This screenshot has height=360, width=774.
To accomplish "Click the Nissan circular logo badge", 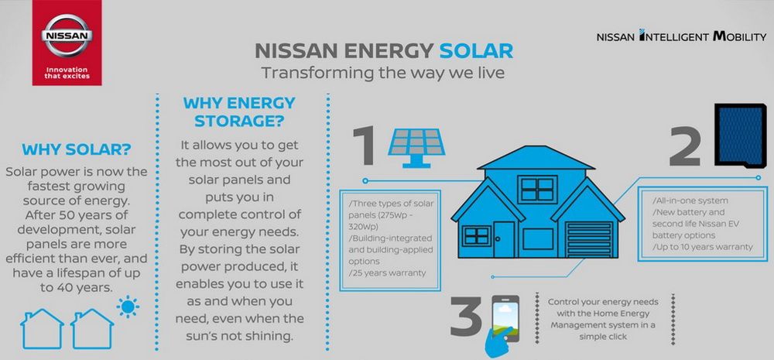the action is click(x=67, y=36).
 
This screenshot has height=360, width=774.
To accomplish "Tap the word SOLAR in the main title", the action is click(x=476, y=51).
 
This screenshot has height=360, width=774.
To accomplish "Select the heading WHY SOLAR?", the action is click(x=77, y=149).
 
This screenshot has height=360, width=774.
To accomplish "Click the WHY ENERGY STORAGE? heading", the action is click(x=239, y=111).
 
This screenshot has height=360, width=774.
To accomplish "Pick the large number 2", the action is click(x=685, y=146).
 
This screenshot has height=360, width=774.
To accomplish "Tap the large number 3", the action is click(x=465, y=316).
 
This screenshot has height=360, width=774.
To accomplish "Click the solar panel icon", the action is click(x=416, y=147).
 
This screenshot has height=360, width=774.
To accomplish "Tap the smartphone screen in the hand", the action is click(x=505, y=318).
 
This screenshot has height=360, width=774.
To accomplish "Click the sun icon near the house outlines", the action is click(x=128, y=307).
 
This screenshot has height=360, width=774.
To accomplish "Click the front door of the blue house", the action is click(x=505, y=239).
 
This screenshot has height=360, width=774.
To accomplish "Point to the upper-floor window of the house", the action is click(x=537, y=189).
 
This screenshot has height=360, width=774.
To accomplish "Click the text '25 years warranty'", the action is click(x=387, y=273).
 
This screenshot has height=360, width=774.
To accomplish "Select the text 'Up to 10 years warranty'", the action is click(x=703, y=246).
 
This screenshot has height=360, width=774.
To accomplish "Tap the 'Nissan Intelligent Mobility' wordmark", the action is click(x=681, y=36).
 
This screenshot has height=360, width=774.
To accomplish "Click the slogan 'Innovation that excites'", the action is click(x=67, y=73).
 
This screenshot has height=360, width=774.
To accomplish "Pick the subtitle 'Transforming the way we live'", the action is click(x=383, y=73).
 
